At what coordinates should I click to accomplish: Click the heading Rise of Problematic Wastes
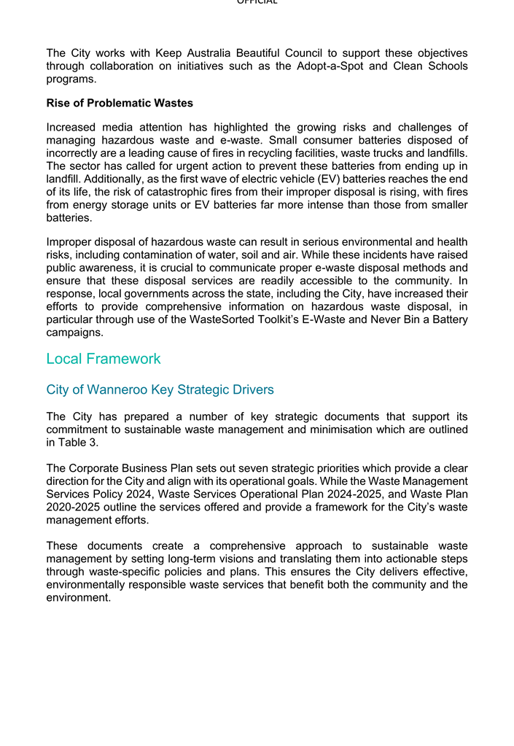[x=120, y=103]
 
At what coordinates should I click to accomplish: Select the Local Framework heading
[x=103, y=359]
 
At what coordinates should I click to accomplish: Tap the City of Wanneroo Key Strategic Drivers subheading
[x=160, y=389]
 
